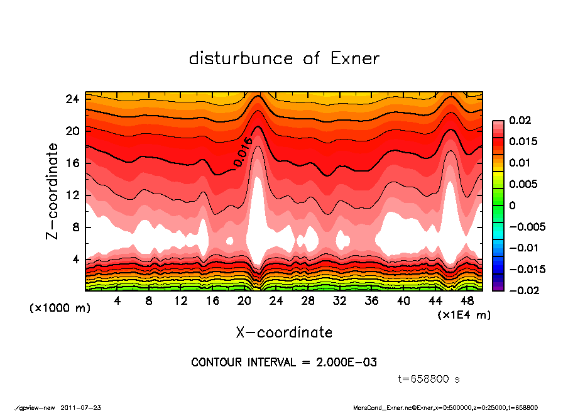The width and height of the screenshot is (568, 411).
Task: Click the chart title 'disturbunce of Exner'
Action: pos(284,58)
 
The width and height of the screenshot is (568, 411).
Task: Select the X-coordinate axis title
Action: pos(284,332)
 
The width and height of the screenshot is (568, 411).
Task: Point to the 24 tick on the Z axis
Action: pos(72,99)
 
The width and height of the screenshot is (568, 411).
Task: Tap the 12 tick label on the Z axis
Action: pos(72,195)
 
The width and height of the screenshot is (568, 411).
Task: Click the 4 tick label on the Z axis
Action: pos(75,259)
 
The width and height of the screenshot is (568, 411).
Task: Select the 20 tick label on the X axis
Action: pos(244,301)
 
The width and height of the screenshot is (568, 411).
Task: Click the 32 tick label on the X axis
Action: pos(340,301)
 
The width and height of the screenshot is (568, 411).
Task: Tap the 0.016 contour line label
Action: pos(243,152)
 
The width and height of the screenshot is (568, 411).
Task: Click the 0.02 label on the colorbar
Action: pos(519,120)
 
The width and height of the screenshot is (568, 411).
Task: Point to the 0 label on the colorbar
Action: pos(512,205)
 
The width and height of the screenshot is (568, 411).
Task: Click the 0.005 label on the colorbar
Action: pos(522,184)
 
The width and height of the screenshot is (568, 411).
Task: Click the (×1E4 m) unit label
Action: pos(464,314)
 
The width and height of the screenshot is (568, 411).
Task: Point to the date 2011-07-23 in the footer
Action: pos(81,407)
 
